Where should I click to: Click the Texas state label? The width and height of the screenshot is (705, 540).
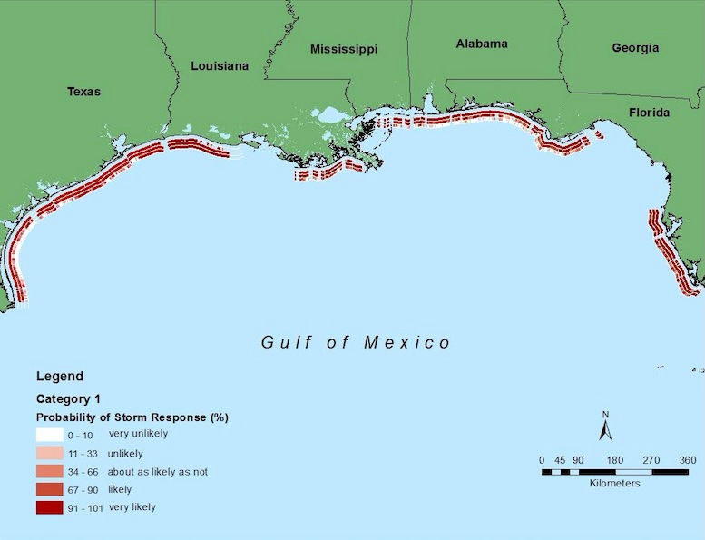click(x=83, y=92)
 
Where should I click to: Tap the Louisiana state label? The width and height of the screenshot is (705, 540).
click(x=219, y=66)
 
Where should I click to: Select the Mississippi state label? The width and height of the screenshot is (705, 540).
click(x=344, y=49)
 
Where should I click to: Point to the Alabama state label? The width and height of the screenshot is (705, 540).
click(x=482, y=44)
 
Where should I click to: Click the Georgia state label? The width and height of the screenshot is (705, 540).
click(x=635, y=48)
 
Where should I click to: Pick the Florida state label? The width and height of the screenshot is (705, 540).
click(x=649, y=113)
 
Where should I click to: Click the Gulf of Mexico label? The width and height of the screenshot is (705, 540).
click(x=356, y=342)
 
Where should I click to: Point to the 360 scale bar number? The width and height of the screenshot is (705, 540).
click(x=687, y=460)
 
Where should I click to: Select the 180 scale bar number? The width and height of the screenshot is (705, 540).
click(x=614, y=460)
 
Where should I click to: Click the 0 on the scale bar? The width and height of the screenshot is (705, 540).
click(x=542, y=460)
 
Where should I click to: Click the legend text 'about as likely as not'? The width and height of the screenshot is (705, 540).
click(x=158, y=472)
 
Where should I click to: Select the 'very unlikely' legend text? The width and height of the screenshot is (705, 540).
click(x=138, y=434)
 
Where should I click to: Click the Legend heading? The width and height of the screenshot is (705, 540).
click(x=59, y=377)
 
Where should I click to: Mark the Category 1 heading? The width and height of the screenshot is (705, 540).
click(x=68, y=398)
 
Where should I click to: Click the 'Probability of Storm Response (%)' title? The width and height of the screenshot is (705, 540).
click(x=132, y=417)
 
